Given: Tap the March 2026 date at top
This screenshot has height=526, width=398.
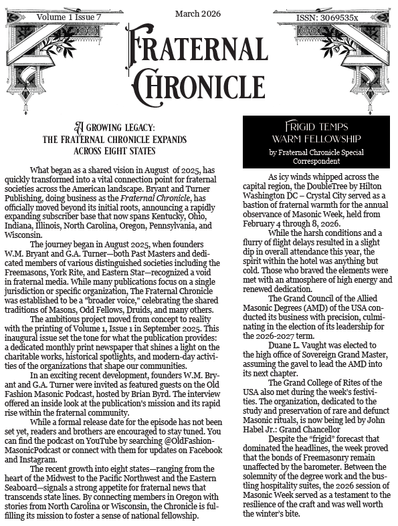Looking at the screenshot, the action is coord(198,13).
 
